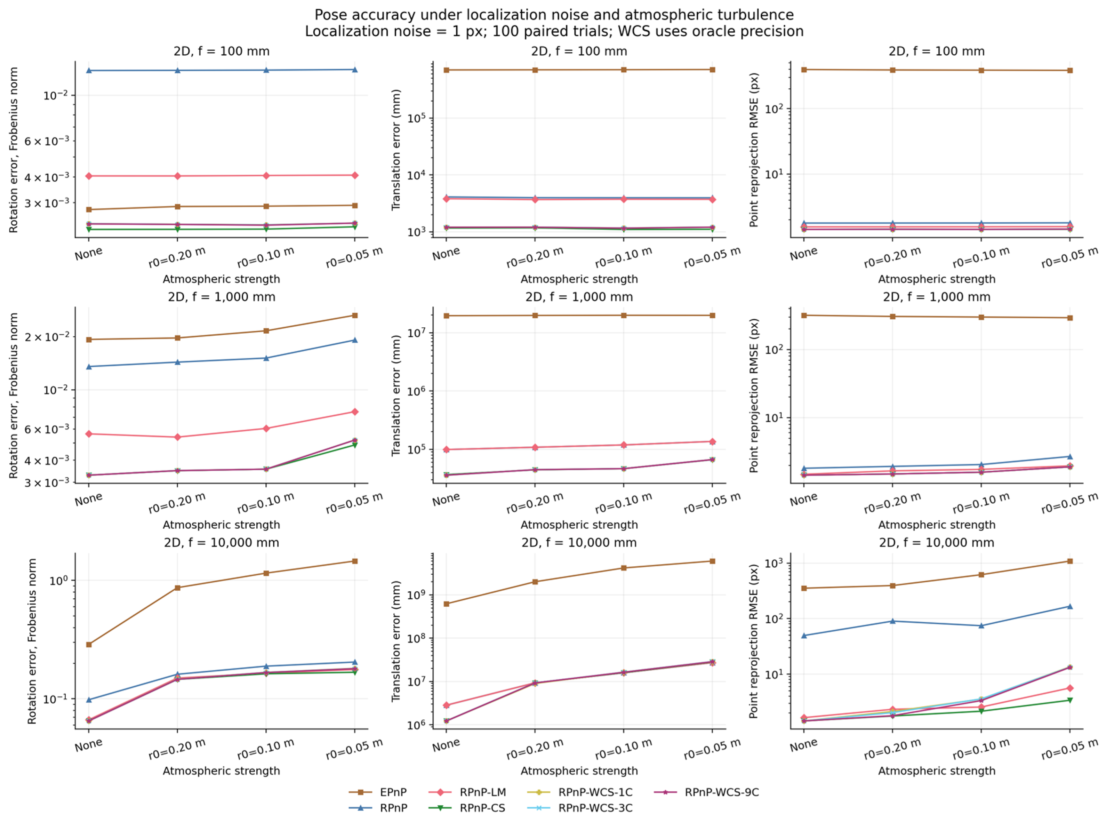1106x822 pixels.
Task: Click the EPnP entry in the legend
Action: click(x=378, y=792)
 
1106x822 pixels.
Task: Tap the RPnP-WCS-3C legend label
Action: click(x=595, y=808)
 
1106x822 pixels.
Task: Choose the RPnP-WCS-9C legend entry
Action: click(x=721, y=792)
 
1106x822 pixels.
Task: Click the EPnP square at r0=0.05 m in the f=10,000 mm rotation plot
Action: click(x=355, y=561)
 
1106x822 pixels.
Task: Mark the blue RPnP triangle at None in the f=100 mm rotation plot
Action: click(x=89, y=71)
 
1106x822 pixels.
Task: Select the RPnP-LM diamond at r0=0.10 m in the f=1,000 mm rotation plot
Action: click(x=266, y=429)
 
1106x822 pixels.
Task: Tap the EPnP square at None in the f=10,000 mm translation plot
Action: click(x=446, y=604)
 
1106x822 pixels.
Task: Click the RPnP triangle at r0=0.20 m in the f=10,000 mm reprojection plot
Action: click(x=892, y=621)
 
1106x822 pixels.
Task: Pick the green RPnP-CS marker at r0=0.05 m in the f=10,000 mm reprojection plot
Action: click(x=1070, y=700)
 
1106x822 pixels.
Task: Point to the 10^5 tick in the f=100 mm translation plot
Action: click(x=416, y=118)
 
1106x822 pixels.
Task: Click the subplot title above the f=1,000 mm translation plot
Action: click(x=579, y=297)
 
